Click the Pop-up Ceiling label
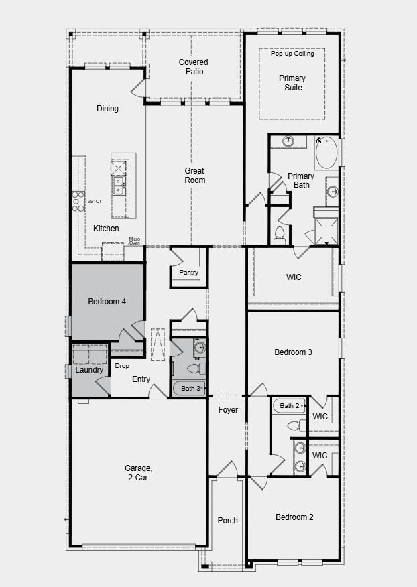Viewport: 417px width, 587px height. tap(292, 54)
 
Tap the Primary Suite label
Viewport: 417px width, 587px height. tap(291, 83)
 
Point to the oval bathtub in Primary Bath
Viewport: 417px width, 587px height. tap(327, 153)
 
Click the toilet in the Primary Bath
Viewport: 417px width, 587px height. tap(280, 235)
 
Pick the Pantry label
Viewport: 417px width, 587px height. tap(188, 273)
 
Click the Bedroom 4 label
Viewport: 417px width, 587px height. tap(107, 302)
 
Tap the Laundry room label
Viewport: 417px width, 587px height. tap(89, 370)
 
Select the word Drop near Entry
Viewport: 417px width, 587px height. tap(122, 366)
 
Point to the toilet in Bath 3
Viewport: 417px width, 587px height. tap(194, 369)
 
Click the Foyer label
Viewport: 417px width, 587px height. tap(228, 410)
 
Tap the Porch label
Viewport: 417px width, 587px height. tap(228, 520)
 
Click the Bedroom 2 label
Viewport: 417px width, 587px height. tap(294, 517)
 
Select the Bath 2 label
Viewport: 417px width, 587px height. tap(290, 405)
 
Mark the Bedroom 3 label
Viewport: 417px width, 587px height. tap(293, 352)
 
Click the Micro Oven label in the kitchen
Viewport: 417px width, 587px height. tap(135, 241)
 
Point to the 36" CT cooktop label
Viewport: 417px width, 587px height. tap(95, 201)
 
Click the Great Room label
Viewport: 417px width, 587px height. tap(195, 176)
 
